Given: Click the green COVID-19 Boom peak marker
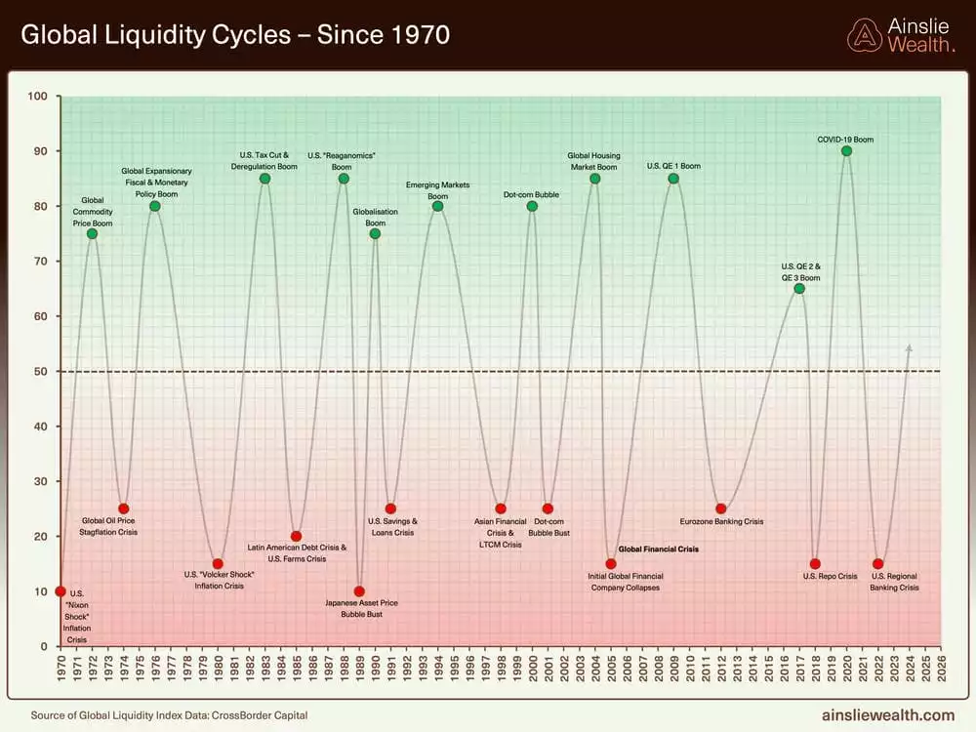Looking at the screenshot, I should (x=846, y=150).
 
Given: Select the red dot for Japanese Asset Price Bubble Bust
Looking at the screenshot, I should (x=359, y=591).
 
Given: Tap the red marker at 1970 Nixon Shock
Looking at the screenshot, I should (x=61, y=591).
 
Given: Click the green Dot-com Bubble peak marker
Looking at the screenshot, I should (x=532, y=206).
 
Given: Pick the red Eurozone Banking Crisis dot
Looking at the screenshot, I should (x=721, y=508).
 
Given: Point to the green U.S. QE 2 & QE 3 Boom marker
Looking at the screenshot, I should (x=799, y=288).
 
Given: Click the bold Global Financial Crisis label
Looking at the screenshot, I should (x=659, y=549).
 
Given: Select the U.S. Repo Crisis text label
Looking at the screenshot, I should (x=830, y=577).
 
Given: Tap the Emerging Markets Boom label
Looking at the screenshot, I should (x=437, y=190).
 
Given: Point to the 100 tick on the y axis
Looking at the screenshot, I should (x=38, y=97).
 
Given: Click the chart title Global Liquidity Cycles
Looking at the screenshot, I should (x=235, y=36).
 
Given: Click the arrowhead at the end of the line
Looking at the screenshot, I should (x=910, y=347).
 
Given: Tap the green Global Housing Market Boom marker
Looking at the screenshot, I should (x=594, y=179).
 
